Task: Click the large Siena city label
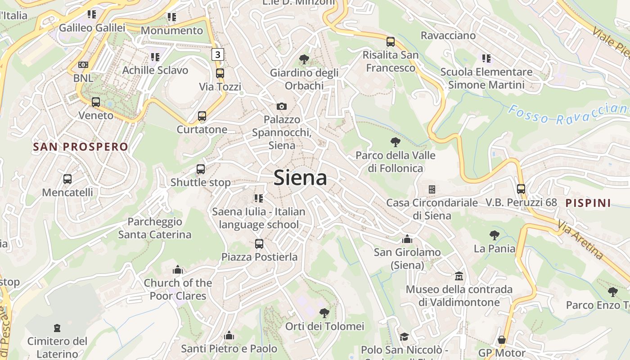tap(300, 178)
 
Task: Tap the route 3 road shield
tap(218, 54)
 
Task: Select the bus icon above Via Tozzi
tap(220, 73)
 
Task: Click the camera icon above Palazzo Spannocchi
tap(282, 106)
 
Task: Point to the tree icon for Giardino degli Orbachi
tap(304, 59)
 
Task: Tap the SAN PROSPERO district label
tap(81, 147)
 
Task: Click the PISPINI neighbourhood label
tap(588, 203)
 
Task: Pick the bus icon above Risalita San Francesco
tap(391, 42)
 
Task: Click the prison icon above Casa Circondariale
tap(432, 189)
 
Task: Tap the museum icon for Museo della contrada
tap(459, 275)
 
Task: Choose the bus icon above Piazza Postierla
tap(259, 244)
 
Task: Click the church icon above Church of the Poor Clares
tap(178, 270)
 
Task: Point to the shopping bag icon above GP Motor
tap(502, 340)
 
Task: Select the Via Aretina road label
tap(580, 239)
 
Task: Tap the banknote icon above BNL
tap(83, 65)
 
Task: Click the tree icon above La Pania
tap(494, 235)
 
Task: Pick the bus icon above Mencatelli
tap(67, 179)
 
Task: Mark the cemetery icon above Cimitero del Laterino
tap(57, 328)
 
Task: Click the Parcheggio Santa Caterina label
tap(154, 228)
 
